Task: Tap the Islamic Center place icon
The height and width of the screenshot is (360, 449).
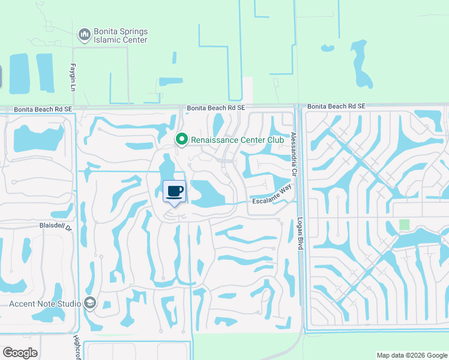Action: [85, 35]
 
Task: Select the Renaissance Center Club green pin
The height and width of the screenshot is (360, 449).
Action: [181, 139]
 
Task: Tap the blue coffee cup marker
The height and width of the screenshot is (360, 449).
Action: [174, 191]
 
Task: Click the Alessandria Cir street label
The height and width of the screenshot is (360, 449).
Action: [294, 154]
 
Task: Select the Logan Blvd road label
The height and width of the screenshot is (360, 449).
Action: [301, 234]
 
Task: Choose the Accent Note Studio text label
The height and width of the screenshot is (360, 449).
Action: [45, 304]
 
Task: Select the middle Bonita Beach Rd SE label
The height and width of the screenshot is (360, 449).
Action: [216, 108]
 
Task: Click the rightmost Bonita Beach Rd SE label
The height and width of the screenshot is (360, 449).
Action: [336, 106]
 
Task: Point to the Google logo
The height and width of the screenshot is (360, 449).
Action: [20, 353]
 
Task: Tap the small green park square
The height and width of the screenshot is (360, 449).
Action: [405, 224]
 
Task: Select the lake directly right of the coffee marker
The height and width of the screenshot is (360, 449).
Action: [207, 193]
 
